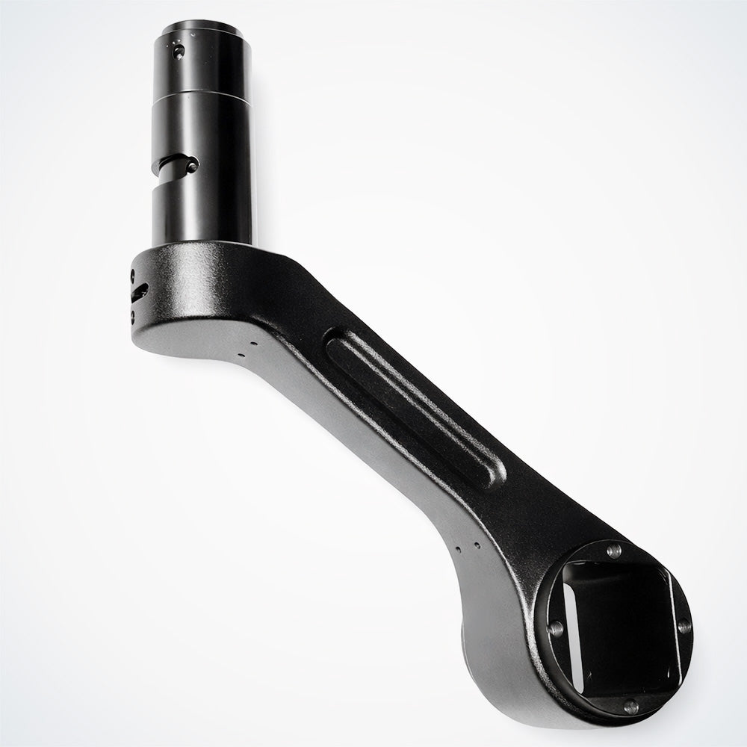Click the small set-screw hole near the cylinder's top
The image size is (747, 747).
click(177, 52)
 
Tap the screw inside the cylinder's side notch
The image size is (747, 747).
click(193, 167)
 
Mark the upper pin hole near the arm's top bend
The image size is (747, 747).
click(255, 343)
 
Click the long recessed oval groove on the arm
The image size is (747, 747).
click(415, 410)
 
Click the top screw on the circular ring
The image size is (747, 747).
click(614, 551)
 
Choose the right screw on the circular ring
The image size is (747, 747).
click(683, 627)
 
